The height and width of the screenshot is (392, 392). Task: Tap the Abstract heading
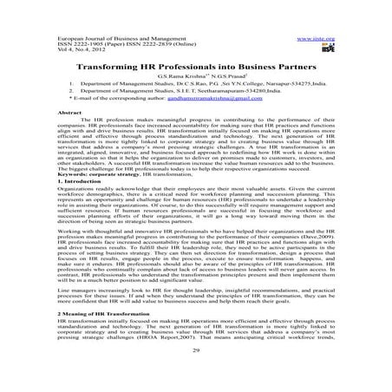(69, 114)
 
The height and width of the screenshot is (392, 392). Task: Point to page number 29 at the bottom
(196, 373)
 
